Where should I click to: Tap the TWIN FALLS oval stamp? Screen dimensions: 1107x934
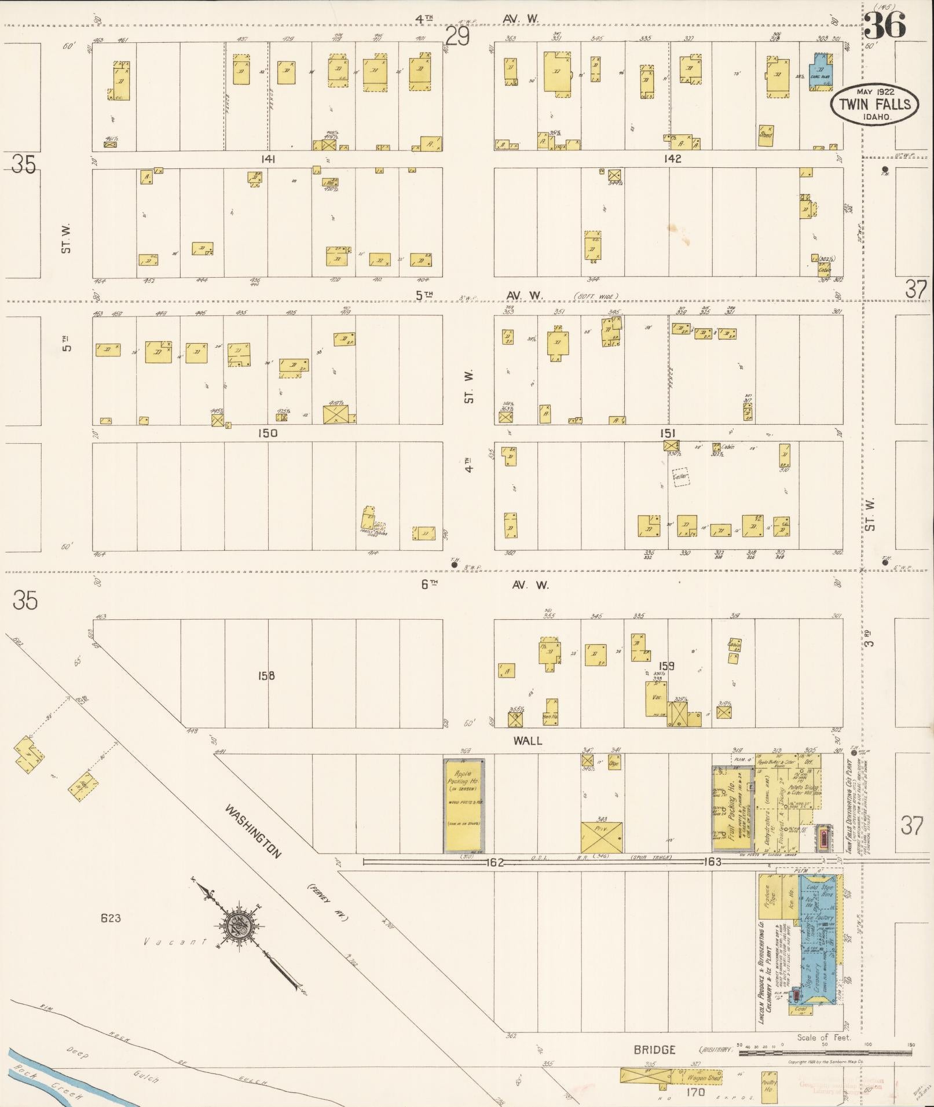pyautogui.click(x=874, y=104)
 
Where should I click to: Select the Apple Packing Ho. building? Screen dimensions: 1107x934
pyautogui.click(x=464, y=805)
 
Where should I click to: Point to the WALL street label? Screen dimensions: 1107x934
pyautogui.click(x=528, y=741)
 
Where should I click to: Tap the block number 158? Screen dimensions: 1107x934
pyautogui.click(x=266, y=675)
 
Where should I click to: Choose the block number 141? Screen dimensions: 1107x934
pyautogui.click(x=268, y=159)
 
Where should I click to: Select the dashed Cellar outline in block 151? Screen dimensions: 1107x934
pyautogui.click(x=681, y=477)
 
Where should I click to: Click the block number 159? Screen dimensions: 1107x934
pyautogui.click(x=666, y=666)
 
